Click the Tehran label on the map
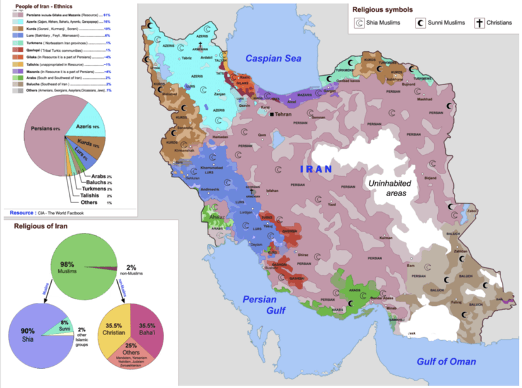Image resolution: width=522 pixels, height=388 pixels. [285, 115]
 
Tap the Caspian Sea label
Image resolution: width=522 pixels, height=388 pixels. [273, 58]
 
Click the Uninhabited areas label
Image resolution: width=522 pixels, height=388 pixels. [388, 187]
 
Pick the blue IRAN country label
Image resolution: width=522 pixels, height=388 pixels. [316, 168]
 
